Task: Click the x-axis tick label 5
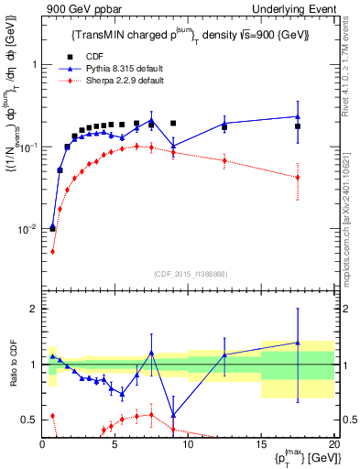[115, 446]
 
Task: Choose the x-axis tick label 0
[43, 446]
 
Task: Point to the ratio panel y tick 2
[31, 309]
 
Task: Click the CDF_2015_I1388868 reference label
[190, 273]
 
